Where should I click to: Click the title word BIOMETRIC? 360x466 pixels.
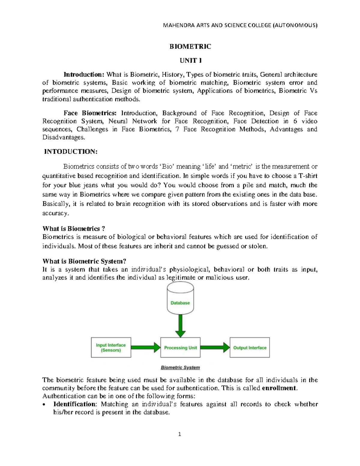pyautogui.click(x=190, y=47)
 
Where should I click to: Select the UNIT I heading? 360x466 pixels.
pyautogui.click(x=190, y=61)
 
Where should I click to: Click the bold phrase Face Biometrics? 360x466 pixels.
pyautogui.click(x=90, y=113)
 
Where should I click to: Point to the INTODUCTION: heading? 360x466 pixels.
pyautogui.click(x=71, y=152)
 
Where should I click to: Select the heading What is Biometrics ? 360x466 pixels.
pyautogui.click(x=74, y=229)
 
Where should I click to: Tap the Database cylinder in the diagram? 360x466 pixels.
pyautogui.click(x=180, y=300)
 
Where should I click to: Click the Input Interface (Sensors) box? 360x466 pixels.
pyautogui.click(x=111, y=347)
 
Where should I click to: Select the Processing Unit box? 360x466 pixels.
pyautogui.click(x=180, y=347)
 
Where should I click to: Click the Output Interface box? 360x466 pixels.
pyautogui.click(x=250, y=347)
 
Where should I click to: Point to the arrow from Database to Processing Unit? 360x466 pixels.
pyautogui.click(x=180, y=326)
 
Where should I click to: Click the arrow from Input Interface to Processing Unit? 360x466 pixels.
pyautogui.click(x=146, y=347)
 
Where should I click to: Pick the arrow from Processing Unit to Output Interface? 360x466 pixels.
pyautogui.click(x=215, y=347)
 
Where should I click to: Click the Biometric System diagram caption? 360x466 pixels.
pyautogui.click(x=180, y=368)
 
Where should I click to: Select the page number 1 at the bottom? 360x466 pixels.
pyautogui.click(x=180, y=434)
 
